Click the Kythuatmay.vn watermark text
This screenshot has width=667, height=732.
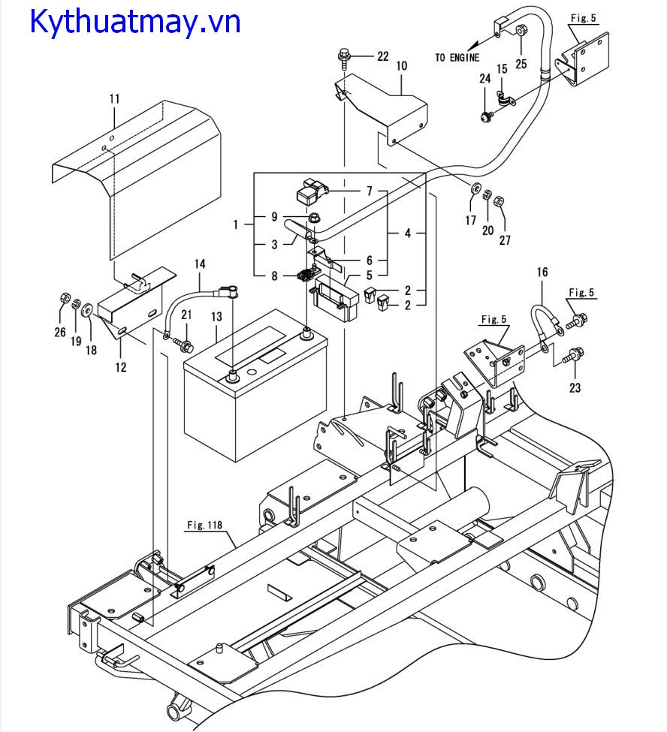point(135,22)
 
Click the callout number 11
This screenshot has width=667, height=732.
point(114,99)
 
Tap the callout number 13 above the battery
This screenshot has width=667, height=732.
point(216,317)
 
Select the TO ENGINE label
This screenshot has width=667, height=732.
point(457,57)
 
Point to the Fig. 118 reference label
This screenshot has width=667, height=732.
point(204,525)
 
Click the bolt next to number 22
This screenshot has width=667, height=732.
point(344,57)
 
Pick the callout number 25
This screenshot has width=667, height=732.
point(521,64)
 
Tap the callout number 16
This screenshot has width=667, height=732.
point(542,272)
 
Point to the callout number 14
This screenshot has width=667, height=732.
point(200,264)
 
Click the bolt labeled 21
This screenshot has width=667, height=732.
point(185,346)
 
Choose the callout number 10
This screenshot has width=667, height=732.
point(402,66)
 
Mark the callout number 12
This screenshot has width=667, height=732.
point(120,367)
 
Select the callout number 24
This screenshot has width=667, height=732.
point(484,78)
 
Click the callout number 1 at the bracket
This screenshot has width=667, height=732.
point(235,225)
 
